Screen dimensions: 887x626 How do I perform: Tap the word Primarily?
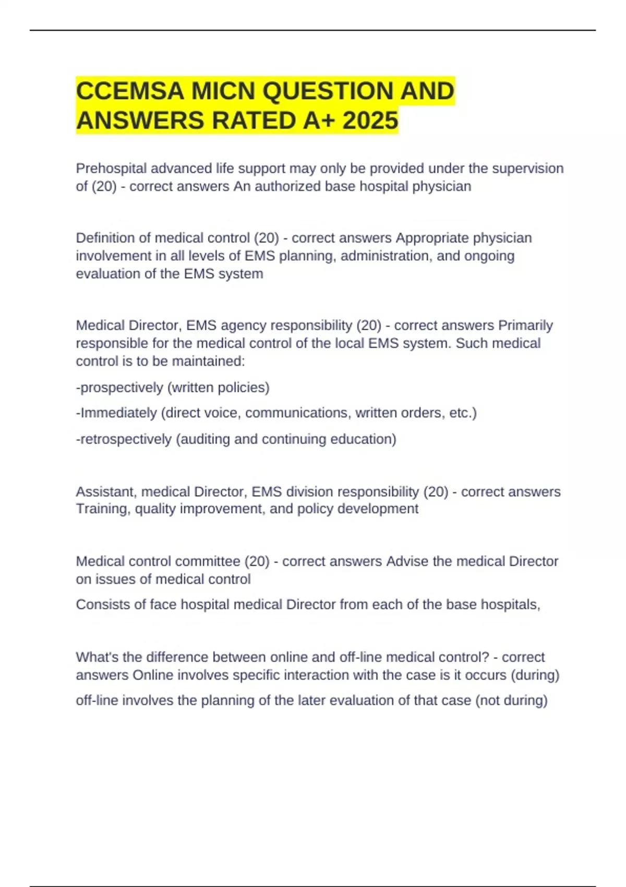click(525, 326)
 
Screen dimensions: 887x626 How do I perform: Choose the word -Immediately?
click(116, 413)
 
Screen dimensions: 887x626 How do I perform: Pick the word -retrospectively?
click(123, 439)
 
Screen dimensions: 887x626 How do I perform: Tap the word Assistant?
click(106, 492)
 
